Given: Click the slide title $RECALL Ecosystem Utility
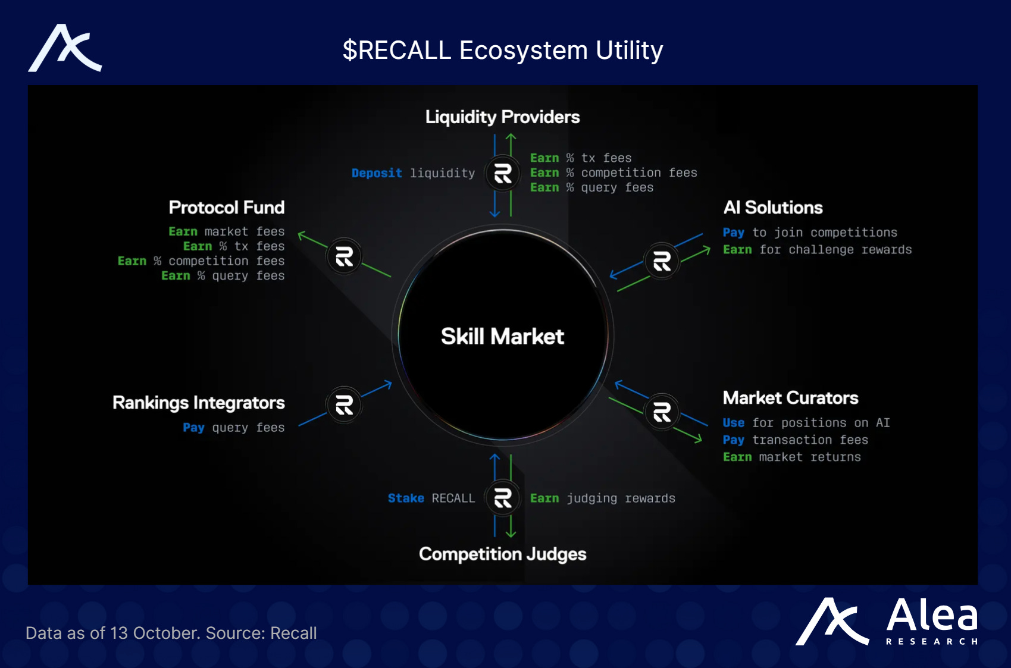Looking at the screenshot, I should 503,51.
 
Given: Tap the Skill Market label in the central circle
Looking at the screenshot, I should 502,337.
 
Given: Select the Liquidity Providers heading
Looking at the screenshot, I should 502,117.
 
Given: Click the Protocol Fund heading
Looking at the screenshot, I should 226,208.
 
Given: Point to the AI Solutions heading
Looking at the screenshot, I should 772,208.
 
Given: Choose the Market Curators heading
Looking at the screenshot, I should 790,398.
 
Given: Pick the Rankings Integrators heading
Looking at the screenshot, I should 198,403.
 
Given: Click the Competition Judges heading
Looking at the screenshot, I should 502,554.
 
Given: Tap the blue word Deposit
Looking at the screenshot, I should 377,173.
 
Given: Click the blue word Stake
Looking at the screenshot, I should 406,498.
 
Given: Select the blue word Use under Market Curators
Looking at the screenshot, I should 733,423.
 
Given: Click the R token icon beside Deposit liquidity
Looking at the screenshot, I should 503,173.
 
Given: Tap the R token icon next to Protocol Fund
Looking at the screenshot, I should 344,257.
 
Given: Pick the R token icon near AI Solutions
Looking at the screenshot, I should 662,261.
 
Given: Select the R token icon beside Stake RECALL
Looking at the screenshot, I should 503,498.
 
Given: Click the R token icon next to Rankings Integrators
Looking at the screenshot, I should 344,405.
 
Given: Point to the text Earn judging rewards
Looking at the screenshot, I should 602,498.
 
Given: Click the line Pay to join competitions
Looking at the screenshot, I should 809,233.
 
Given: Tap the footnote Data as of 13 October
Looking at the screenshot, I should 171,633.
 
